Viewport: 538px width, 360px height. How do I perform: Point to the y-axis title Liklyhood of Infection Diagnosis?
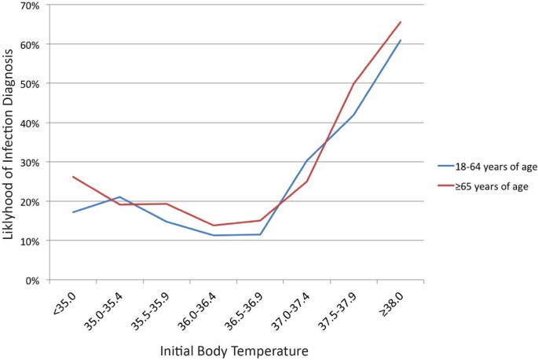(x=11, y=143)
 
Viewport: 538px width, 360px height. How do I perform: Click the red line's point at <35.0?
(x=73, y=177)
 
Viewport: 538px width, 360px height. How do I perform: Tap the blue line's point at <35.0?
(x=73, y=212)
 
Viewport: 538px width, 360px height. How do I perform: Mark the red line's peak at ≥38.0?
(x=401, y=22)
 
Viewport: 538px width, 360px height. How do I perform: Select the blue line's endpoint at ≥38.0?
(x=401, y=40)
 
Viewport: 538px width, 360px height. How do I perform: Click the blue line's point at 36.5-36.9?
(x=260, y=234)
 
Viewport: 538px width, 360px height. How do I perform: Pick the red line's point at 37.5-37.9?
(x=353, y=83)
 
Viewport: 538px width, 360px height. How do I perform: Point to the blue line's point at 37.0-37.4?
(x=307, y=160)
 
